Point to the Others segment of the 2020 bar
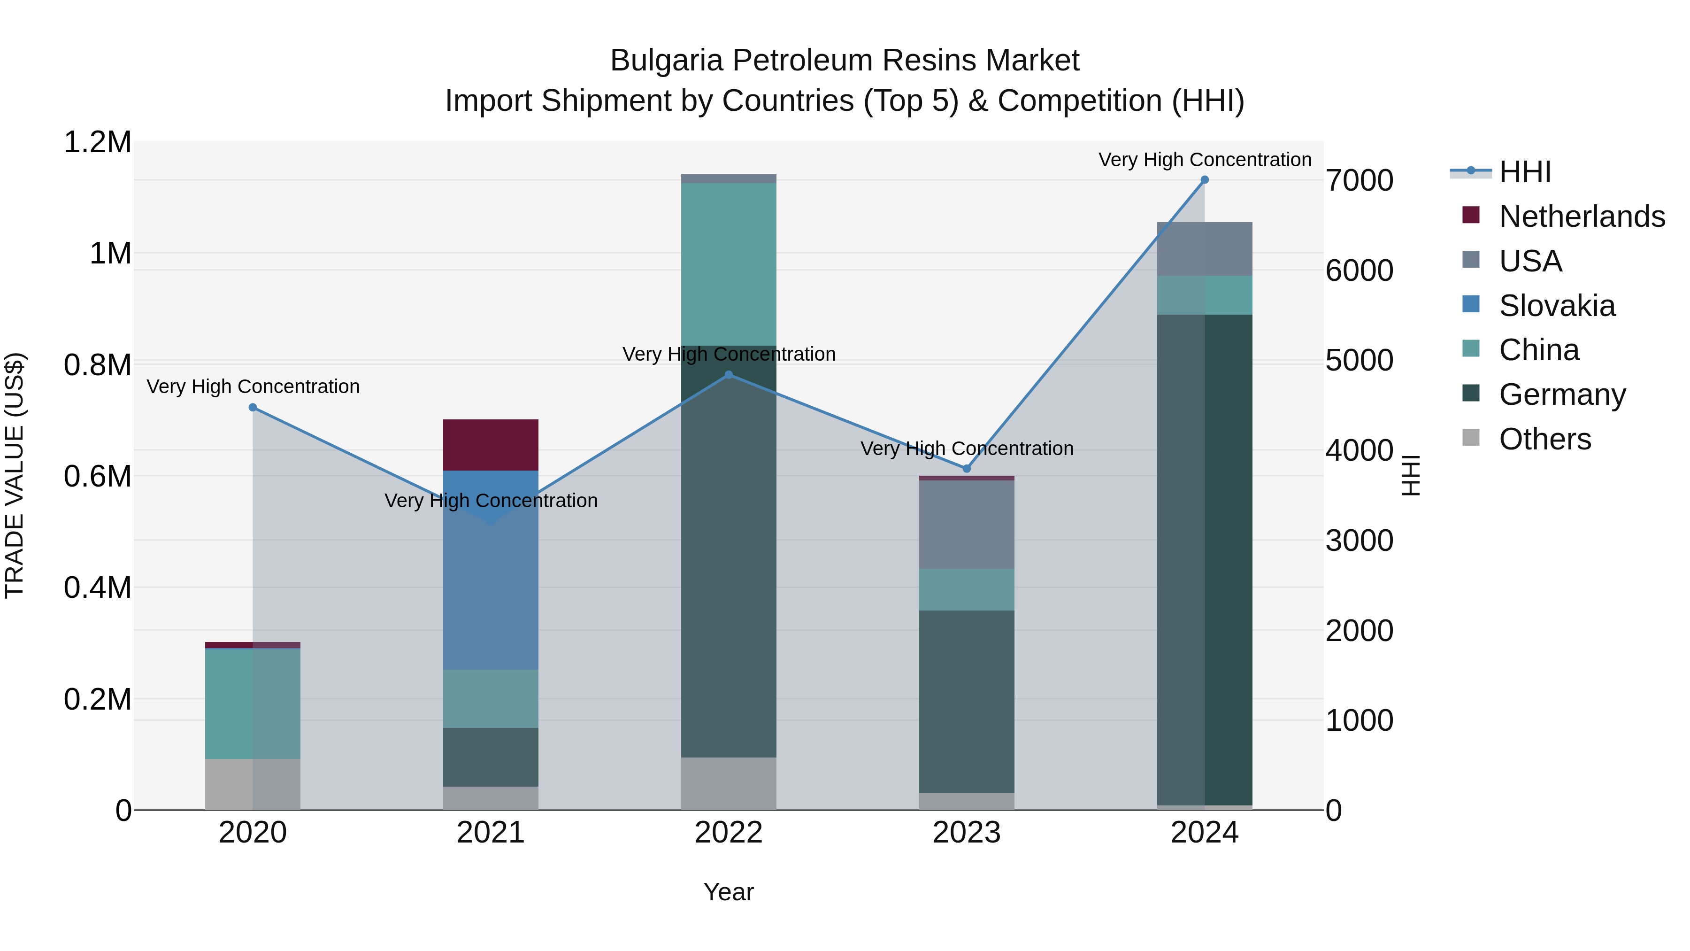tap(253, 784)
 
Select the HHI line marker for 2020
tap(253, 408)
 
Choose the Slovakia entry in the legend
tap(1556, 306)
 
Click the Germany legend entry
tap(1561, 394)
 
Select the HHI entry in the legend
tap(1525, 172)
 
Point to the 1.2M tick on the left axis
tap(98, 142)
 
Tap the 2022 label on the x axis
tap(728, 833)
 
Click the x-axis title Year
tap(728, 892)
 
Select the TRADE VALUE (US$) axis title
tap(15, 475)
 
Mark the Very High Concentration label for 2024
tap(1205, 160)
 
